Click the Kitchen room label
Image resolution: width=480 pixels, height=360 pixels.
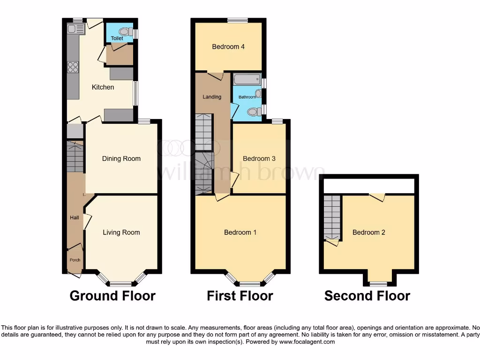click(x=103, y=87)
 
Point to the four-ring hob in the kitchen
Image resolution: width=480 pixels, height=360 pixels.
click(x=73, y=67)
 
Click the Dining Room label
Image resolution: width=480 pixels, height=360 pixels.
click(x=121, y=158)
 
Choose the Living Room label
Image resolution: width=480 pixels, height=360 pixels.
click(x=121, y=232)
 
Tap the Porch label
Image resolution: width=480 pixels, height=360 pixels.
click(x=75, y=260)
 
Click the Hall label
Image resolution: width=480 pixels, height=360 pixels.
click(x=75, y=217)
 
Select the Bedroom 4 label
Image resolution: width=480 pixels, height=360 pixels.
click(x=228, y=47)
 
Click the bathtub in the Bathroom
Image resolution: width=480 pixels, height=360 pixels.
click(x=247, y=79)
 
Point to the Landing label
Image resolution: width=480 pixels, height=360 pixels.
click(x=211, y=97)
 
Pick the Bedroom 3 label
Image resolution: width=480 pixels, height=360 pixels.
click(x=259, y=158)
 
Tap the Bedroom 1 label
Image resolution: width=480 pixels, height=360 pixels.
click(x=240, y=232)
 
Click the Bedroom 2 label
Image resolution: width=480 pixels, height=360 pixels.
click(x=369, y=232)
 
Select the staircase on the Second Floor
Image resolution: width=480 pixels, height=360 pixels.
click(x=332, y=217)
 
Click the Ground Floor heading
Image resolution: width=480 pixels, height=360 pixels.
click(x=112, y=296)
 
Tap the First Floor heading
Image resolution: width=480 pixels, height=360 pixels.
click(x=240, y=296)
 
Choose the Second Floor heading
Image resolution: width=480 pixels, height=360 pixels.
click(x=367, y=296)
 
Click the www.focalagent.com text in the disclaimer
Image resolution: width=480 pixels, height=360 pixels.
click(x=307, y=342)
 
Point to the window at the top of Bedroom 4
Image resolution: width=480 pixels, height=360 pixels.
click(x=238, y=20)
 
